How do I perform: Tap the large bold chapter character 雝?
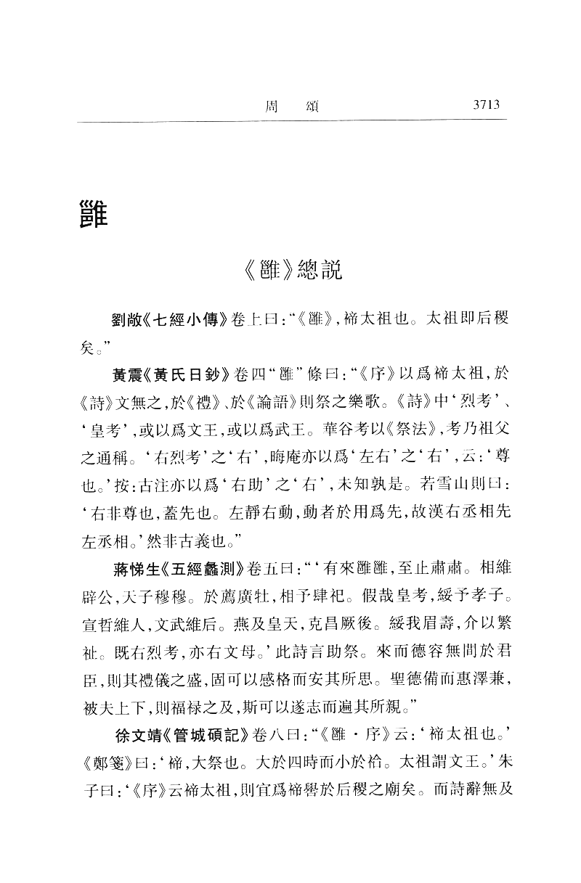point(92,213)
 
